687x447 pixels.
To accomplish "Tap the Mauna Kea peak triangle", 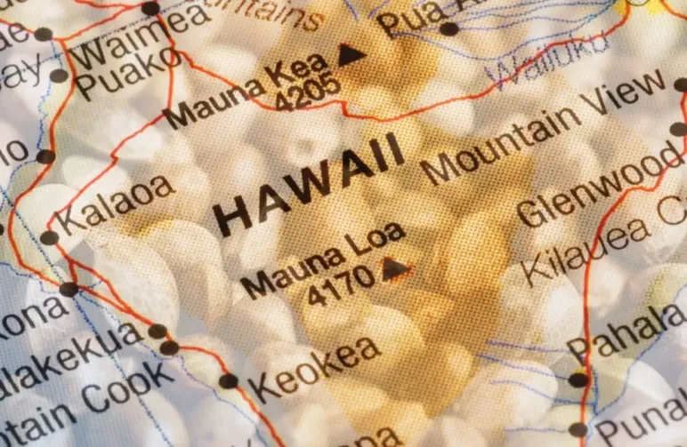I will coord(352,55).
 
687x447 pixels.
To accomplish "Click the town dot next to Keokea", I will coord(229,380).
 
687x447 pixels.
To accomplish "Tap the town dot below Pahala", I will coord(578,379).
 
